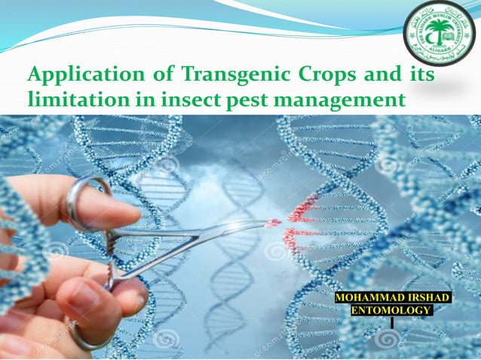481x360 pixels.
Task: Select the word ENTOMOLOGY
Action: coord(392,310)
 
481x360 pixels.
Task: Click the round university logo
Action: coord(440,34)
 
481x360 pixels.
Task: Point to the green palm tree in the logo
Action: coord(440,30)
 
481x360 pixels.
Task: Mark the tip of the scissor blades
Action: coord(275,222)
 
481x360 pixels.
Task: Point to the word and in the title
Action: coord(378,76)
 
